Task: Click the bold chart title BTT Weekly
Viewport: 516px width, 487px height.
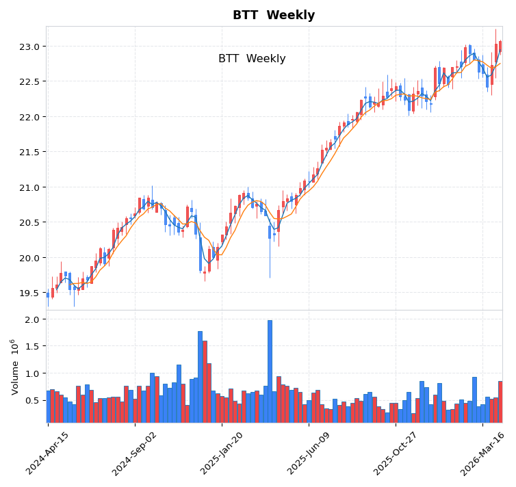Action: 274,15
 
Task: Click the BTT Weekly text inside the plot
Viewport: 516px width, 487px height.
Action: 252,59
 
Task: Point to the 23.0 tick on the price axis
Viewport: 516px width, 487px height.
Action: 29,47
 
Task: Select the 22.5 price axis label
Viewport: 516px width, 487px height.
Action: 29,81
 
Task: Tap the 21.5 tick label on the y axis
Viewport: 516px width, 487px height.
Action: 29,152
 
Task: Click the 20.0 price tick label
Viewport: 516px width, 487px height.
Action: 29,258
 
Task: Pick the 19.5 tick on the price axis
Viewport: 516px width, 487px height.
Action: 29,293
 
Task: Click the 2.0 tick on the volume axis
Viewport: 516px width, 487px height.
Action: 33,319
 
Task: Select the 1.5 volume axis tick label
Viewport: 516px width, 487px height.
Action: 33,347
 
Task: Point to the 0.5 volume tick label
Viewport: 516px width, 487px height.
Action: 33,401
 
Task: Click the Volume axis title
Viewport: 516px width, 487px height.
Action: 14,366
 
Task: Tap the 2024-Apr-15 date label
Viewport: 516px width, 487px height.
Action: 48,453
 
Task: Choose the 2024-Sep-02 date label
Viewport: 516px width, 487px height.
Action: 135,453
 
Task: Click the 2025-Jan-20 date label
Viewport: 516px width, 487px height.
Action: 222,453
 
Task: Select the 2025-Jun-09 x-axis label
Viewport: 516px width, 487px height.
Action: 309,453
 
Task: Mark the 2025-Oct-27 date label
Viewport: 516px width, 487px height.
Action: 396,453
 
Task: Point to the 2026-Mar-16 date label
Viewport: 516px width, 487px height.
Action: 483,453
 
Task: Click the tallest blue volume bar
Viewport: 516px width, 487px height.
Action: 270,371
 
